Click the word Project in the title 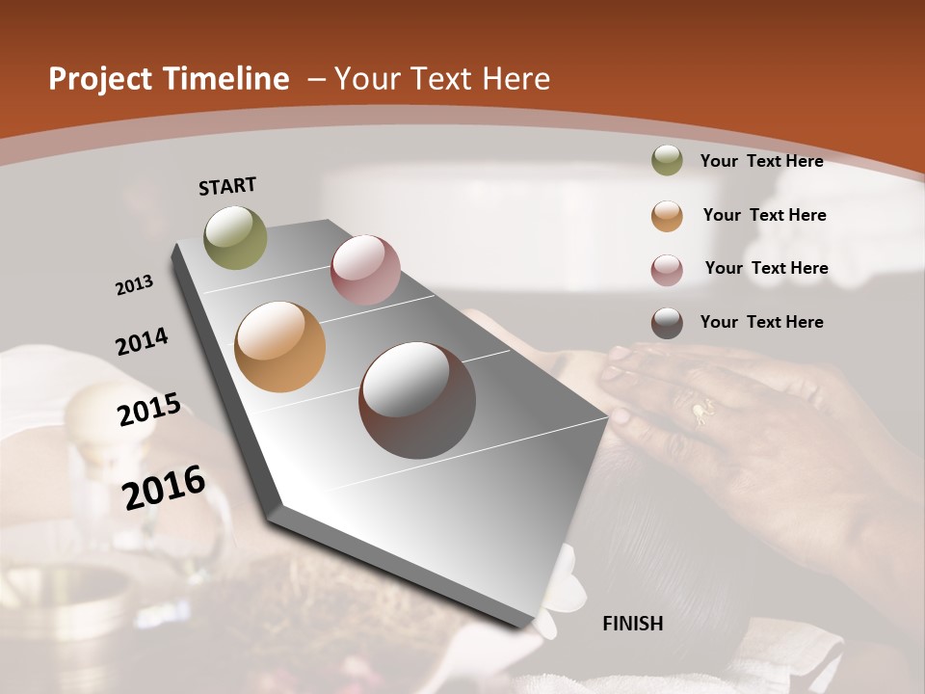[x=98, y=79]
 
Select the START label [x=227, y=186]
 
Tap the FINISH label [x=633, y=624]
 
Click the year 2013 [x=135, y=285]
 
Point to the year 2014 [x=143, y=342]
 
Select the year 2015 [x=149, y=410]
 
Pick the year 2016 [x=165, y=488]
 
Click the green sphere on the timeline [x=236, y=237]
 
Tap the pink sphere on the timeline [x=365, y=270]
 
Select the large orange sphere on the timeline [x=279, y=347]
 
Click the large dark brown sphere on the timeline [x=417, y=400]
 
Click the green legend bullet [x=667, y=161]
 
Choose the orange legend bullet [x=667, y=216]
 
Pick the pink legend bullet [x=667, y=270]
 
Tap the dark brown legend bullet [x=667, y=323]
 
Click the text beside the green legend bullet [x=761, y=161]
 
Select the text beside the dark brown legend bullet [x=761, y=322]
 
